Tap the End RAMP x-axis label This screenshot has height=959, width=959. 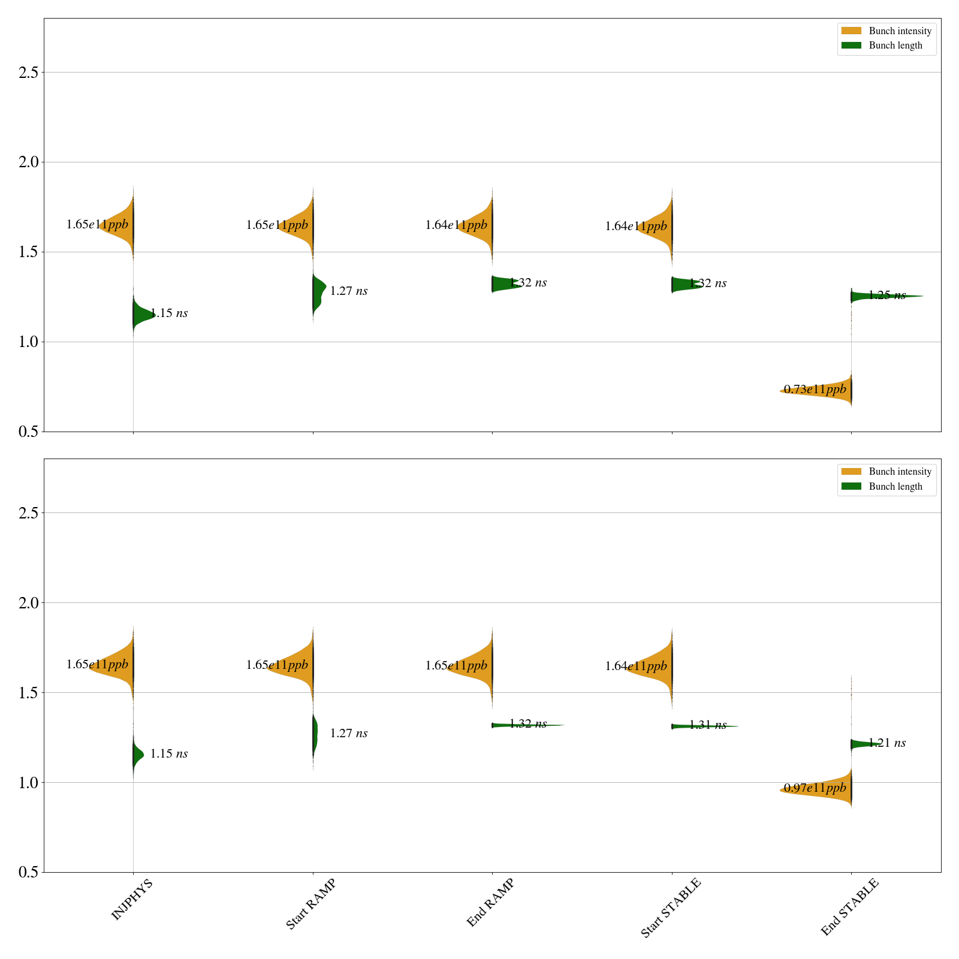coord(490,903)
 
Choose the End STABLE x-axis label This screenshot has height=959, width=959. coord(849,907)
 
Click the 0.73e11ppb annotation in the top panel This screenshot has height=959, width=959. coord(815,390)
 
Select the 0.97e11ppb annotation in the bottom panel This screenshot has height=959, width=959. coord(815,788)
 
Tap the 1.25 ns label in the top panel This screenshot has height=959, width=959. coord(887,295)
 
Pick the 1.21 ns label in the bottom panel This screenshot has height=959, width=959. coord(887,743)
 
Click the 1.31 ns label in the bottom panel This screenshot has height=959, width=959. coord(708,725)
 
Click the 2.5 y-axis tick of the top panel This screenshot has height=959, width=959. coord(28,73)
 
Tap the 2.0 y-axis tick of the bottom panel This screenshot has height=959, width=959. coord(28,603)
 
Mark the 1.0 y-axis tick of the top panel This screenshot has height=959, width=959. coord(28,342)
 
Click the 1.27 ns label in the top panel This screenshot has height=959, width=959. coord(349,291)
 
